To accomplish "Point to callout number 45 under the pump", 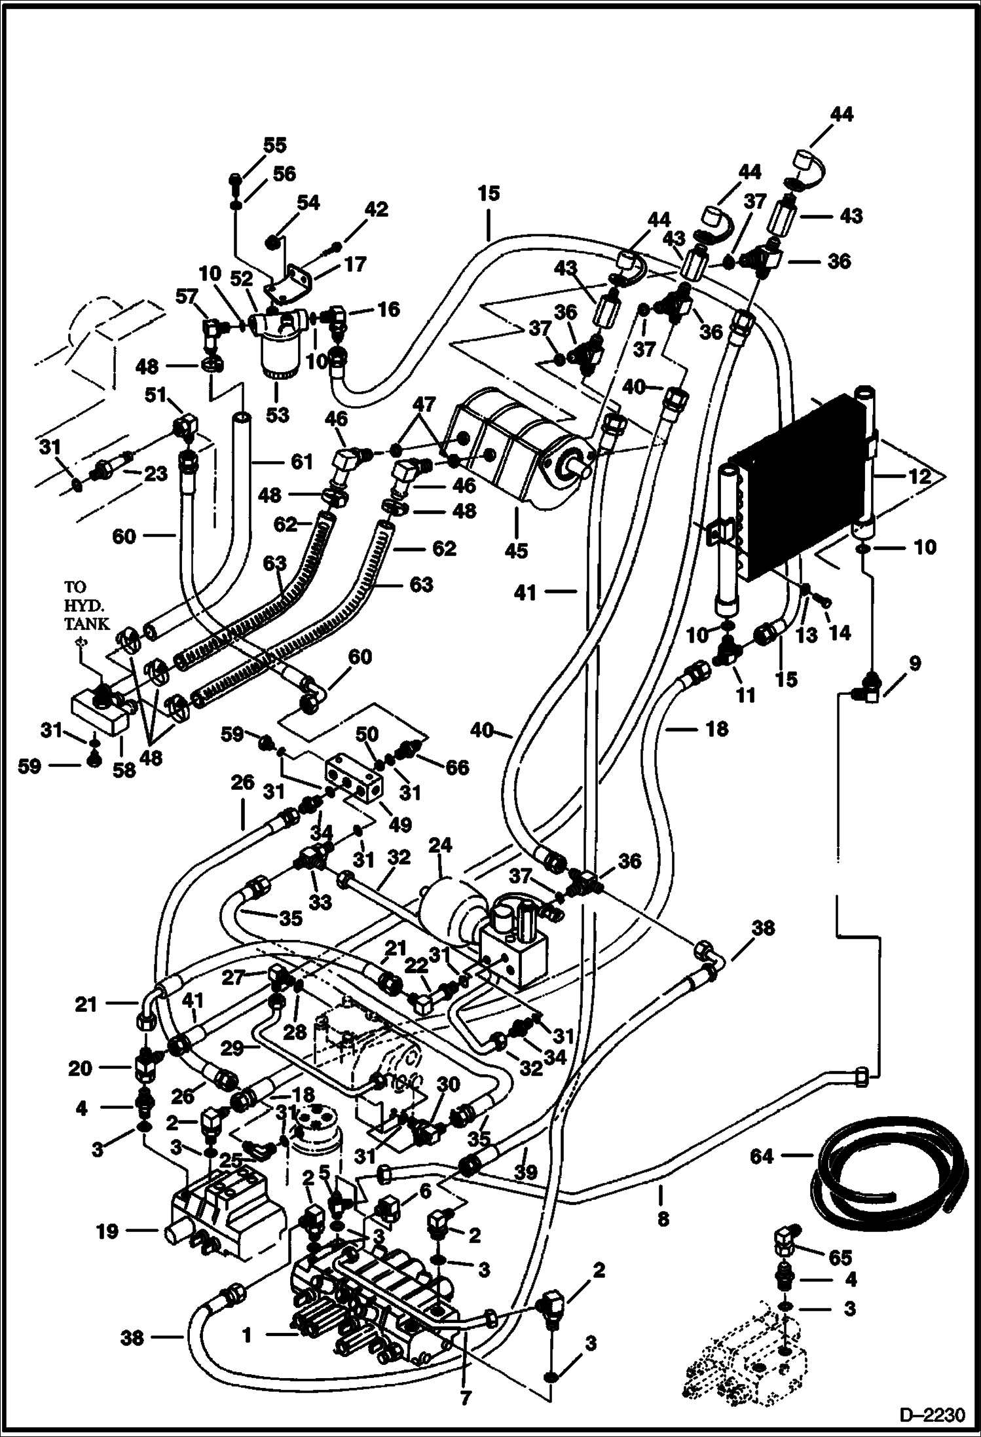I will click(x=516, y=551).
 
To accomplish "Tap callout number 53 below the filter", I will click(x=277, y=415).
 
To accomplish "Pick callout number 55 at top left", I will click(x=276, y=144).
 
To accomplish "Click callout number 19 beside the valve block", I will click(x=107, y=1231).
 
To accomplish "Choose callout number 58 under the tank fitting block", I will click(x=124, y=770).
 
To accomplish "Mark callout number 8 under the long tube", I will click(x=663, y=1218).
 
